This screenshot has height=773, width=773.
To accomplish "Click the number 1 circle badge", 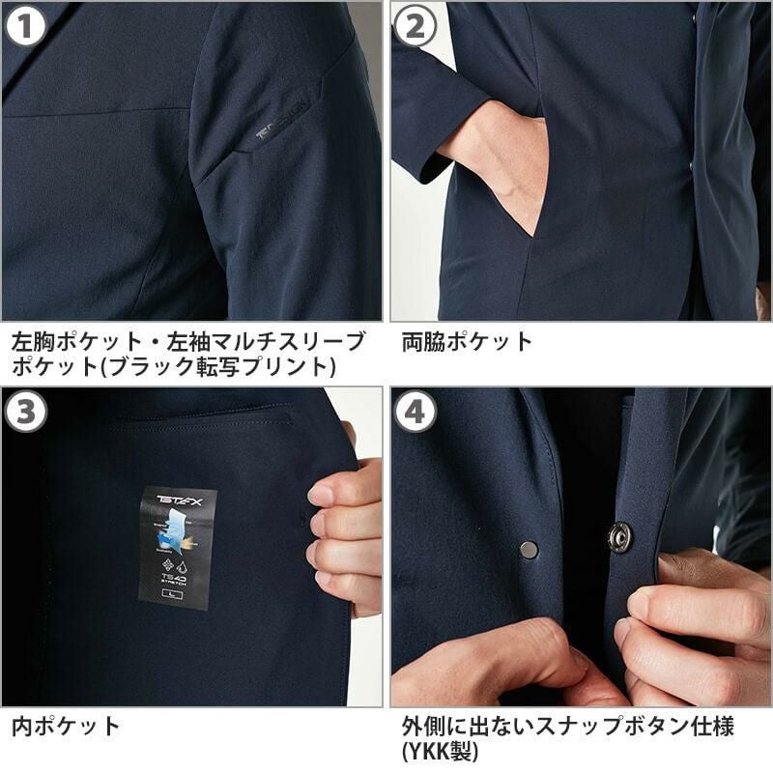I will pyautogui.click(x=26, y=26).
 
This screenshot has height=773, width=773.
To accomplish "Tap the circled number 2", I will pyautogui.click(x=415, y=26).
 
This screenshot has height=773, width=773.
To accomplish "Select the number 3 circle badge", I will pyautogui.click(x=26, y=413).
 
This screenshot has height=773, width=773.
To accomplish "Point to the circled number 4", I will pyautogui.click(x=415, y=413).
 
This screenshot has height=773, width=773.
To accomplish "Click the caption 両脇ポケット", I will pyautogui.click(x=467, y=341).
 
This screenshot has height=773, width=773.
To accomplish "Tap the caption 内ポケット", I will pyautogui.click(x=66, y=726).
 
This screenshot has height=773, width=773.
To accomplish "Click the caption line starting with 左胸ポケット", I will pyautogui.click(x=188, y=341).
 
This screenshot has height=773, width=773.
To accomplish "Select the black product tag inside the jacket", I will pyautogui.click(x=177, y=548).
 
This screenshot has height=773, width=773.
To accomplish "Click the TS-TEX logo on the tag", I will pyautogui.click(x=177, y=501).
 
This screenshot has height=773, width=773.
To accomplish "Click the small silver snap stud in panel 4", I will pyautogui.click(x=529, y=549).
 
